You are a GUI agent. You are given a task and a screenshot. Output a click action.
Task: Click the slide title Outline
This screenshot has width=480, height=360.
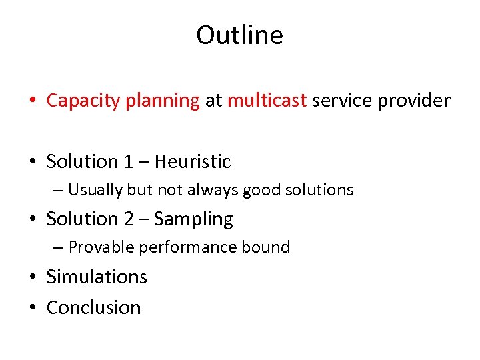click(239, 35)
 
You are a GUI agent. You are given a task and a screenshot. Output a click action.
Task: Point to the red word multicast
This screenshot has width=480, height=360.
click(267, 101)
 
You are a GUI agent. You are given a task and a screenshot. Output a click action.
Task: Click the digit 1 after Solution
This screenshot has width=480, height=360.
click(129, 161)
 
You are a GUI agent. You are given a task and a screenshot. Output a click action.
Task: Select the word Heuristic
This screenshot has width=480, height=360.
click(193, 161)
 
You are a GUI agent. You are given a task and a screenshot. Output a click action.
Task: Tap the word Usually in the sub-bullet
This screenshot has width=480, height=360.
click(95, 190)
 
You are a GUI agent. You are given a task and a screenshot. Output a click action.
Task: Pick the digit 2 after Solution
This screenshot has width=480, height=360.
click(129, 219)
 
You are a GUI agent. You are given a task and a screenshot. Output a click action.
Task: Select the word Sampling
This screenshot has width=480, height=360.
click(193, 219)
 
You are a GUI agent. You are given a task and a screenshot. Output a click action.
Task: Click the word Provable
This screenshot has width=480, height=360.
click(99, 247)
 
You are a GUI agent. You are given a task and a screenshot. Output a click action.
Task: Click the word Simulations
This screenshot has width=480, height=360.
click(97, 277)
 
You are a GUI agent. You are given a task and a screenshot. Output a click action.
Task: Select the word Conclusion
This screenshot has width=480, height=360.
click(94, 307)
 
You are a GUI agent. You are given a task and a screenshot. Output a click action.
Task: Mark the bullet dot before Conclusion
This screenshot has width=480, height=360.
click(33, 308)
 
